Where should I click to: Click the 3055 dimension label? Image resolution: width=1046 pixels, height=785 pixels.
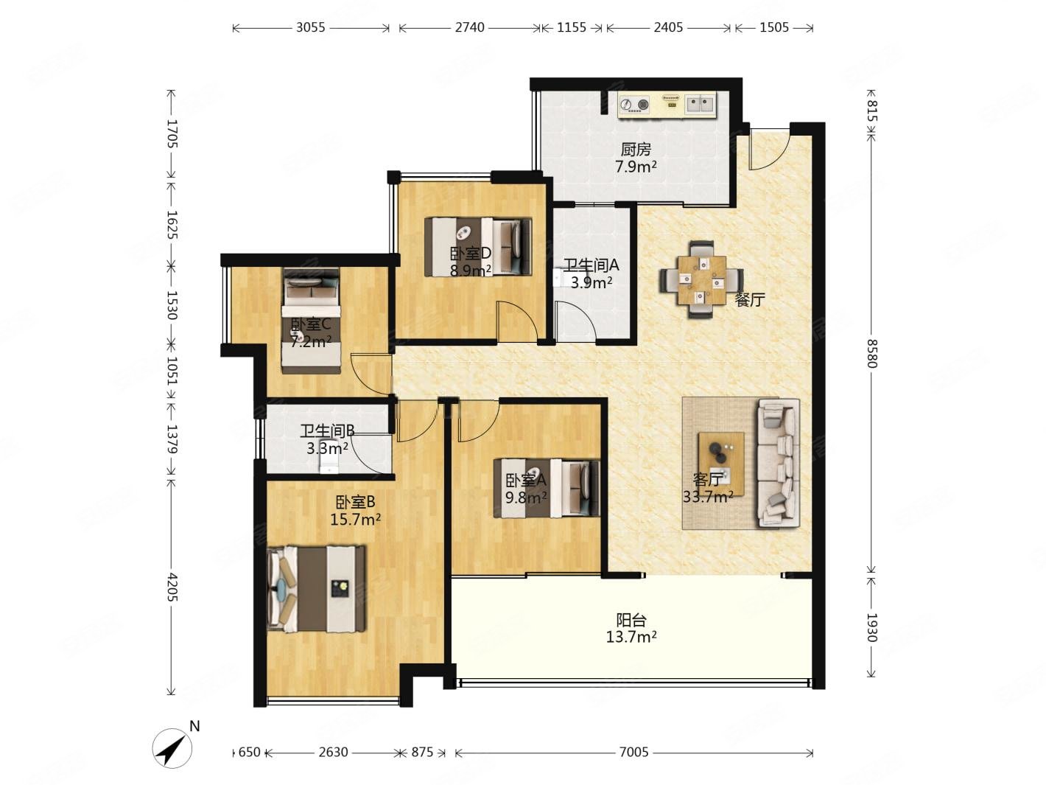point(310,27)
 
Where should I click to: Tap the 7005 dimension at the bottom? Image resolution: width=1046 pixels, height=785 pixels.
point(633,752)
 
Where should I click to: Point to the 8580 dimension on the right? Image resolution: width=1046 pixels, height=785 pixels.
point(871,353)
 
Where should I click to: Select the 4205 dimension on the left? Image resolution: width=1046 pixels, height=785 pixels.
point(172,587)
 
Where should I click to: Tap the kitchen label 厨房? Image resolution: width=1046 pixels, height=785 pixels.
point(636,150)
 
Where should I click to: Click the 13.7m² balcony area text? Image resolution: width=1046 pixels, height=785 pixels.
point(631,637)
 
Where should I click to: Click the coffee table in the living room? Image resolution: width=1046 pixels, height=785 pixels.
point(721,464)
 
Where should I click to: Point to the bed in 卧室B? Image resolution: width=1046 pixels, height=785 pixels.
point(317,589)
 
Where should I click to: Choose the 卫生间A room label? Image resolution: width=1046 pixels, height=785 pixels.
point(591,265)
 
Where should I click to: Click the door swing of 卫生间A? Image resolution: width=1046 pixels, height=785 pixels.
point(575,321)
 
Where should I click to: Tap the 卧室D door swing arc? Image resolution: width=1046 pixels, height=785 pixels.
point(518,321)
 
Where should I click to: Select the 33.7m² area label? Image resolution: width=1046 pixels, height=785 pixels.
point(708,497)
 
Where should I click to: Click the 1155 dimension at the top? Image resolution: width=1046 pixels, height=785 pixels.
point(571,27)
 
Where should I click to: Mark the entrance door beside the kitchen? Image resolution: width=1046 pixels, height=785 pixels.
point(768,149)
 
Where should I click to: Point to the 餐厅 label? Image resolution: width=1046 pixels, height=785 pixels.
point(750,300)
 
